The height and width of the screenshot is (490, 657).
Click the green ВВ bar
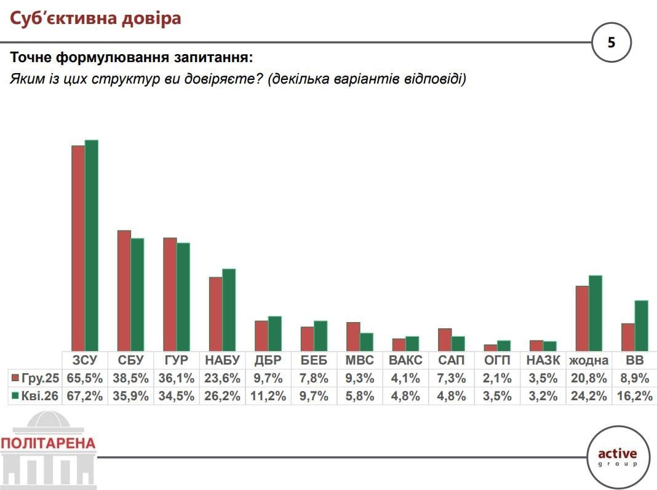(641, 325)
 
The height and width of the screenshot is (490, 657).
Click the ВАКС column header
(405, 360)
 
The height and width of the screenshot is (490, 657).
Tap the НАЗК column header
(543, 360)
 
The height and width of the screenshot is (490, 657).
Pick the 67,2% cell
(85, 396)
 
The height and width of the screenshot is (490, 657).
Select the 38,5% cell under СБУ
(130, 377)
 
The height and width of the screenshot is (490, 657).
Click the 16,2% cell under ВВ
(634, 396)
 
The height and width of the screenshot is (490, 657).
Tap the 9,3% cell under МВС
(359, 377)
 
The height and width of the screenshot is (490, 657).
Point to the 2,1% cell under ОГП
(497, 377)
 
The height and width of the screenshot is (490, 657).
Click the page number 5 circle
(611, 42)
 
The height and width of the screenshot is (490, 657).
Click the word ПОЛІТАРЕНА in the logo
(49, 443)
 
